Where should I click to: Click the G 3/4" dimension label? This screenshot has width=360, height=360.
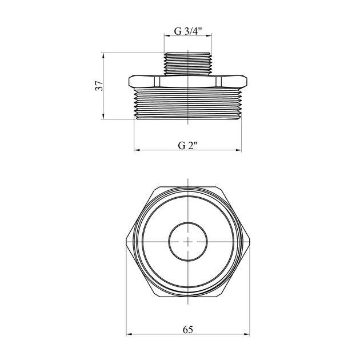point(187,31)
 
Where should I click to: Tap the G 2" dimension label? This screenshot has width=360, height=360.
point(188,145)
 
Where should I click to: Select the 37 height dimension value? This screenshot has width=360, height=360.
point(99,86)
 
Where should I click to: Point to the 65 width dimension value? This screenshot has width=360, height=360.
point(188,330)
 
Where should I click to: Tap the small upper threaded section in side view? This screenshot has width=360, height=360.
point(187,64)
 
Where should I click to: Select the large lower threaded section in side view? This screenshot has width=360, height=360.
point(187,104)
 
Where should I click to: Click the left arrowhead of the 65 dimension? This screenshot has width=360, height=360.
point(129,334)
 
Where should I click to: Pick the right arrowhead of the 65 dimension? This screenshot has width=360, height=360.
point(247,334)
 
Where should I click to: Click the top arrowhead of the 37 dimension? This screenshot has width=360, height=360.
point(103,56)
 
